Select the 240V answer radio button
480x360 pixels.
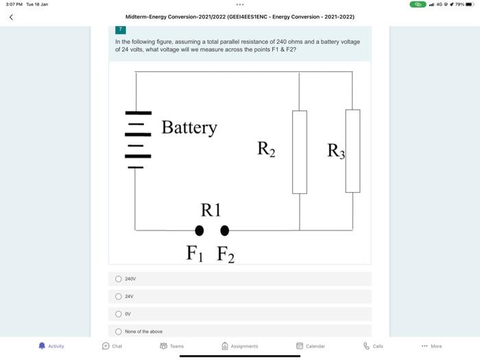click(x=119, y=279)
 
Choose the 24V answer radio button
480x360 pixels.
click(x=119, y=296)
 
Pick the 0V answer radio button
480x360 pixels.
click(x=119, y=314)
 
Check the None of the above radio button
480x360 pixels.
click(x=119, y=331)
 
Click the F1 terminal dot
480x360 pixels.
click(x=200, y=230)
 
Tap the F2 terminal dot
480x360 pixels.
click(x=224, y=230)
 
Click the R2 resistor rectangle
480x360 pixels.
click(x=300, y=152)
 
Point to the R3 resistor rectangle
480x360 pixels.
click(x=352, y=151)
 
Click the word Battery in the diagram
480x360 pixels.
click(x=189, y=128)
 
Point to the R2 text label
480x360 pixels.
click(x=266, y=148)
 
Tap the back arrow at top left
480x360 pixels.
click(x=11, y=17)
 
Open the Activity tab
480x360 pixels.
click(x=51, y=346)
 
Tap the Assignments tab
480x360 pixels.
click(x=239, y=346)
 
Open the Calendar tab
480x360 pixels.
click(x=310, y=346)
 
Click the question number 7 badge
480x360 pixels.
click(x=121, y=30)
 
